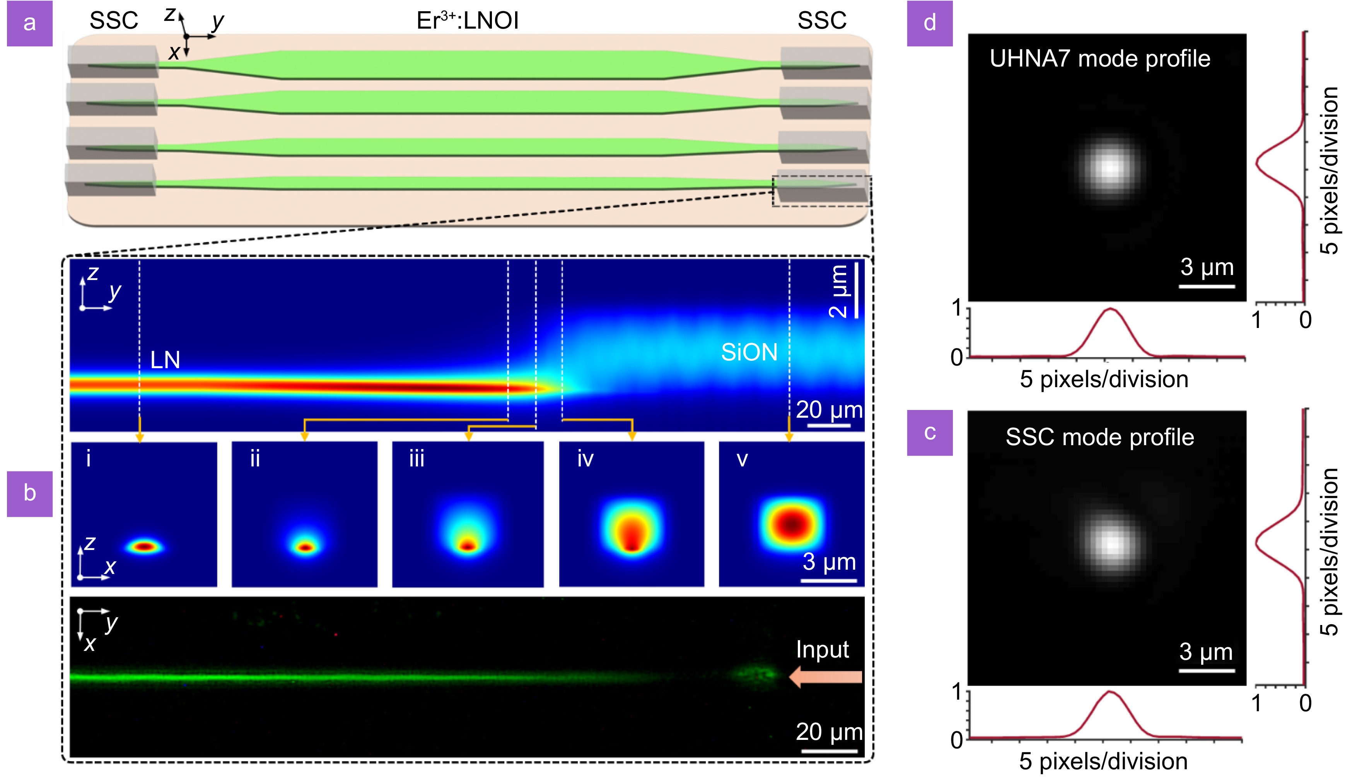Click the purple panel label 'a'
tap(29, 24)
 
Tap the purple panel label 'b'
tap(29, 494)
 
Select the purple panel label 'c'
tap(929, 432)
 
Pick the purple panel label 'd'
tap(929, 24)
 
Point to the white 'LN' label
tap(165, 360)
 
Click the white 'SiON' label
tap(749, 352)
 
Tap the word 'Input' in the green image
tap(822, 649)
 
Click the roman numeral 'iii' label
tap(417, 459)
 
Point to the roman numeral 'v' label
tap(742, 459)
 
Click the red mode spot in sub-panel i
tap(145, 546)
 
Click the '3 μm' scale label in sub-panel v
tap(829, 562)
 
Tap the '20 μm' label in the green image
tap(829, 732)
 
